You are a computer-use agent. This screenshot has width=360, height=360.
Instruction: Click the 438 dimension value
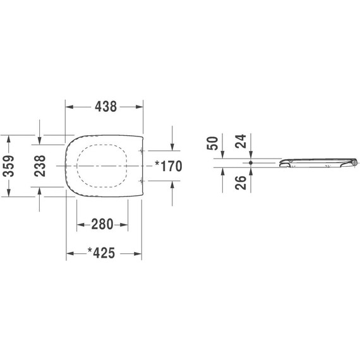tap(105, 107)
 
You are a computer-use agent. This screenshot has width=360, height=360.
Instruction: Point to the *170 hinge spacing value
tap(168, 166)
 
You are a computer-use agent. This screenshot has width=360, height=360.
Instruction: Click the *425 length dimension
tap(101, 253)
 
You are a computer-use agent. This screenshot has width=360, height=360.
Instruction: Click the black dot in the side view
tap(251, 163)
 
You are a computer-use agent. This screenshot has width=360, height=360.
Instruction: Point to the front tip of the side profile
tap(279, 164)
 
